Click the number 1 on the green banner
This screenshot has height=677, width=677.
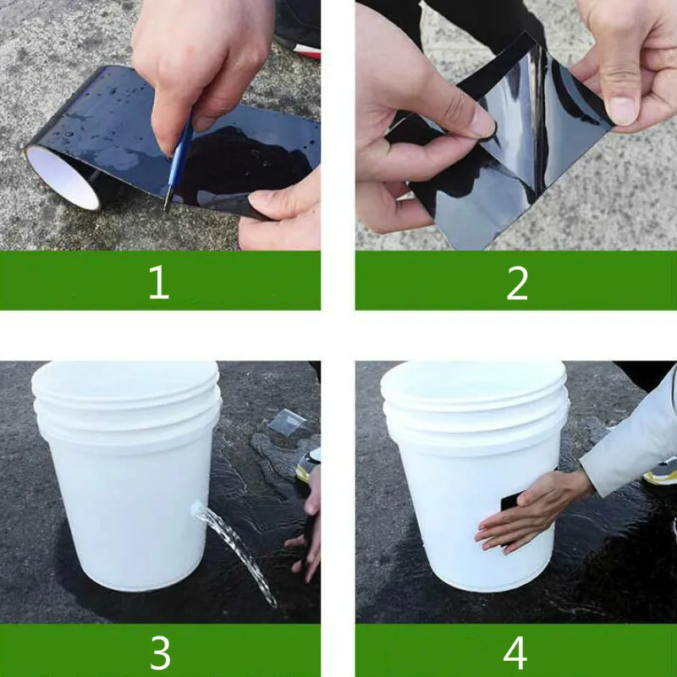click(159, 282)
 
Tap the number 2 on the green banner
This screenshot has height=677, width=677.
click(517, 283)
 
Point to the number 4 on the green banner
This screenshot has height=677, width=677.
click(515, 652)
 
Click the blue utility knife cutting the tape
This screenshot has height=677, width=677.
click(177, 165)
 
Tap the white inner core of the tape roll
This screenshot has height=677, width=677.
click(63, 177)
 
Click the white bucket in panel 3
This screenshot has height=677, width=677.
click(126, 471)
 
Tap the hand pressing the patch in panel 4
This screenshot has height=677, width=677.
click(533, 509)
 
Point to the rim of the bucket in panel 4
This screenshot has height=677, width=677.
click(474, 383)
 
